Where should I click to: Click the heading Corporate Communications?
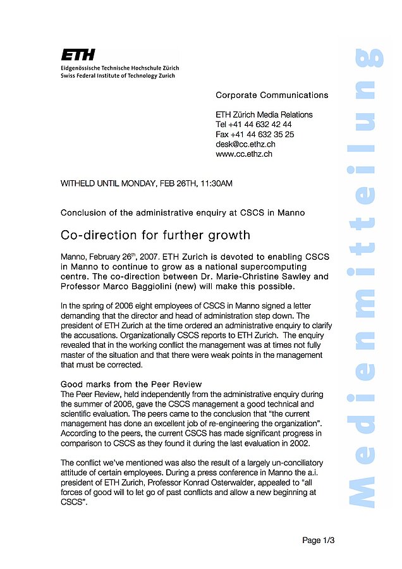pyautogui.click(x=272, y=95)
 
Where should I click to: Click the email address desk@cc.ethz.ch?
pyautogui.click(x=245, y=144)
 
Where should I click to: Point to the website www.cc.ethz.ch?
pyautogui.click(x=244, y=154)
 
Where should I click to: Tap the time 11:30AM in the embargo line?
pyautogui.click(x=216, y=184)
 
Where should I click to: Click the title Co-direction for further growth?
pyautogui.click(x=155, y=236)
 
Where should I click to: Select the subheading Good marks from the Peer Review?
pyautogui.click(x=131, y=384)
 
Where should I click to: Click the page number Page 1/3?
pyautogui.click(x=318, y=541)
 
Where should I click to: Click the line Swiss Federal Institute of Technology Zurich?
pyautogui.click(x=118, y=75)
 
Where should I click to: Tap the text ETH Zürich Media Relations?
pyautogui.click(x=264, y=114)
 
